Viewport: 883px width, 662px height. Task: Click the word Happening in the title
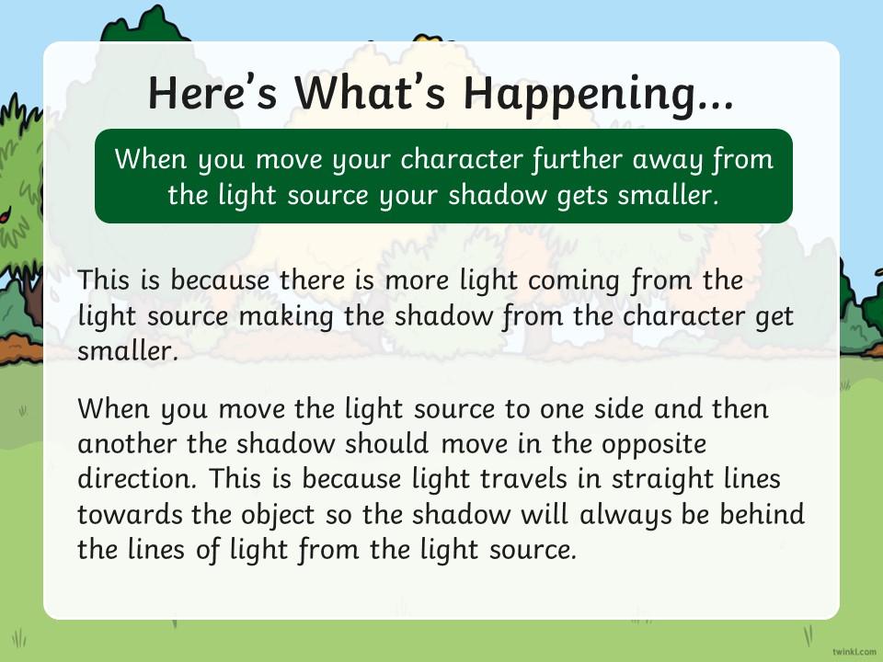point(599,94)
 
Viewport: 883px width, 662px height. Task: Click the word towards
point(130,515)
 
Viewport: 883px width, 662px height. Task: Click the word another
point(127,444)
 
